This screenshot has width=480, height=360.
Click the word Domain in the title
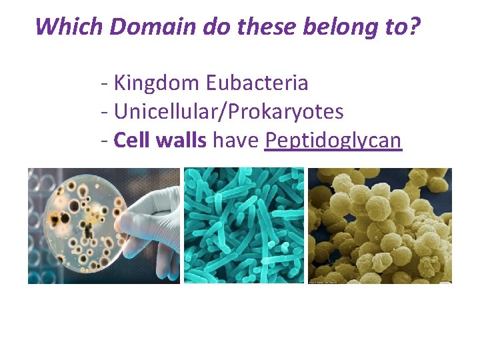coord(145,27)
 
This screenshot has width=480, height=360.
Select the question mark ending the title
coord(416,27)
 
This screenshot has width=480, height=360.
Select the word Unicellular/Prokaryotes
coord(229,111)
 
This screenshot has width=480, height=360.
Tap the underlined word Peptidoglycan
coord(333,141)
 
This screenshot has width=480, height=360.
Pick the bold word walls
coord(181,140)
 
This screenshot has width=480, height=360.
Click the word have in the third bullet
coord(236,140)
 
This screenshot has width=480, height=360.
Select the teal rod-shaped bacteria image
coord(243,225)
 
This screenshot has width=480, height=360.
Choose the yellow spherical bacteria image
coord(379,225)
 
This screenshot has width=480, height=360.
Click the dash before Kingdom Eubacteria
coord(105,84)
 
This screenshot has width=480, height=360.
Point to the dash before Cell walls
coord(105,141)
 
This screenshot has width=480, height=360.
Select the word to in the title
coord(396,27)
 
